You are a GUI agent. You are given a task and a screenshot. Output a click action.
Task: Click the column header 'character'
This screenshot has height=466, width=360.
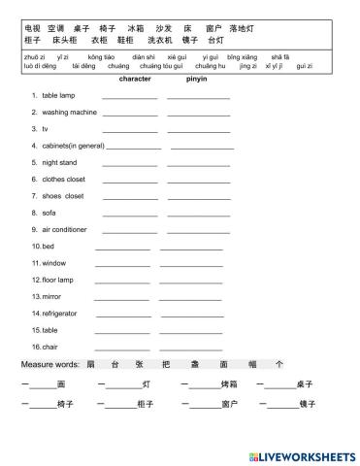click(134, 79)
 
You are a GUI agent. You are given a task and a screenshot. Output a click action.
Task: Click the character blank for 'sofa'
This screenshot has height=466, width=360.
click(129, 215)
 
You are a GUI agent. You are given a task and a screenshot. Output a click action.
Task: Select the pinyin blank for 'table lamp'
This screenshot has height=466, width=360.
click(199, 98)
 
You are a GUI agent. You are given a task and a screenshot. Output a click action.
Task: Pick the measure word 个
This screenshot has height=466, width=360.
click(279, 364)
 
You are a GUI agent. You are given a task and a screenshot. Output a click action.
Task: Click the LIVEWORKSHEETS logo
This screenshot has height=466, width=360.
click(302, 455)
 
